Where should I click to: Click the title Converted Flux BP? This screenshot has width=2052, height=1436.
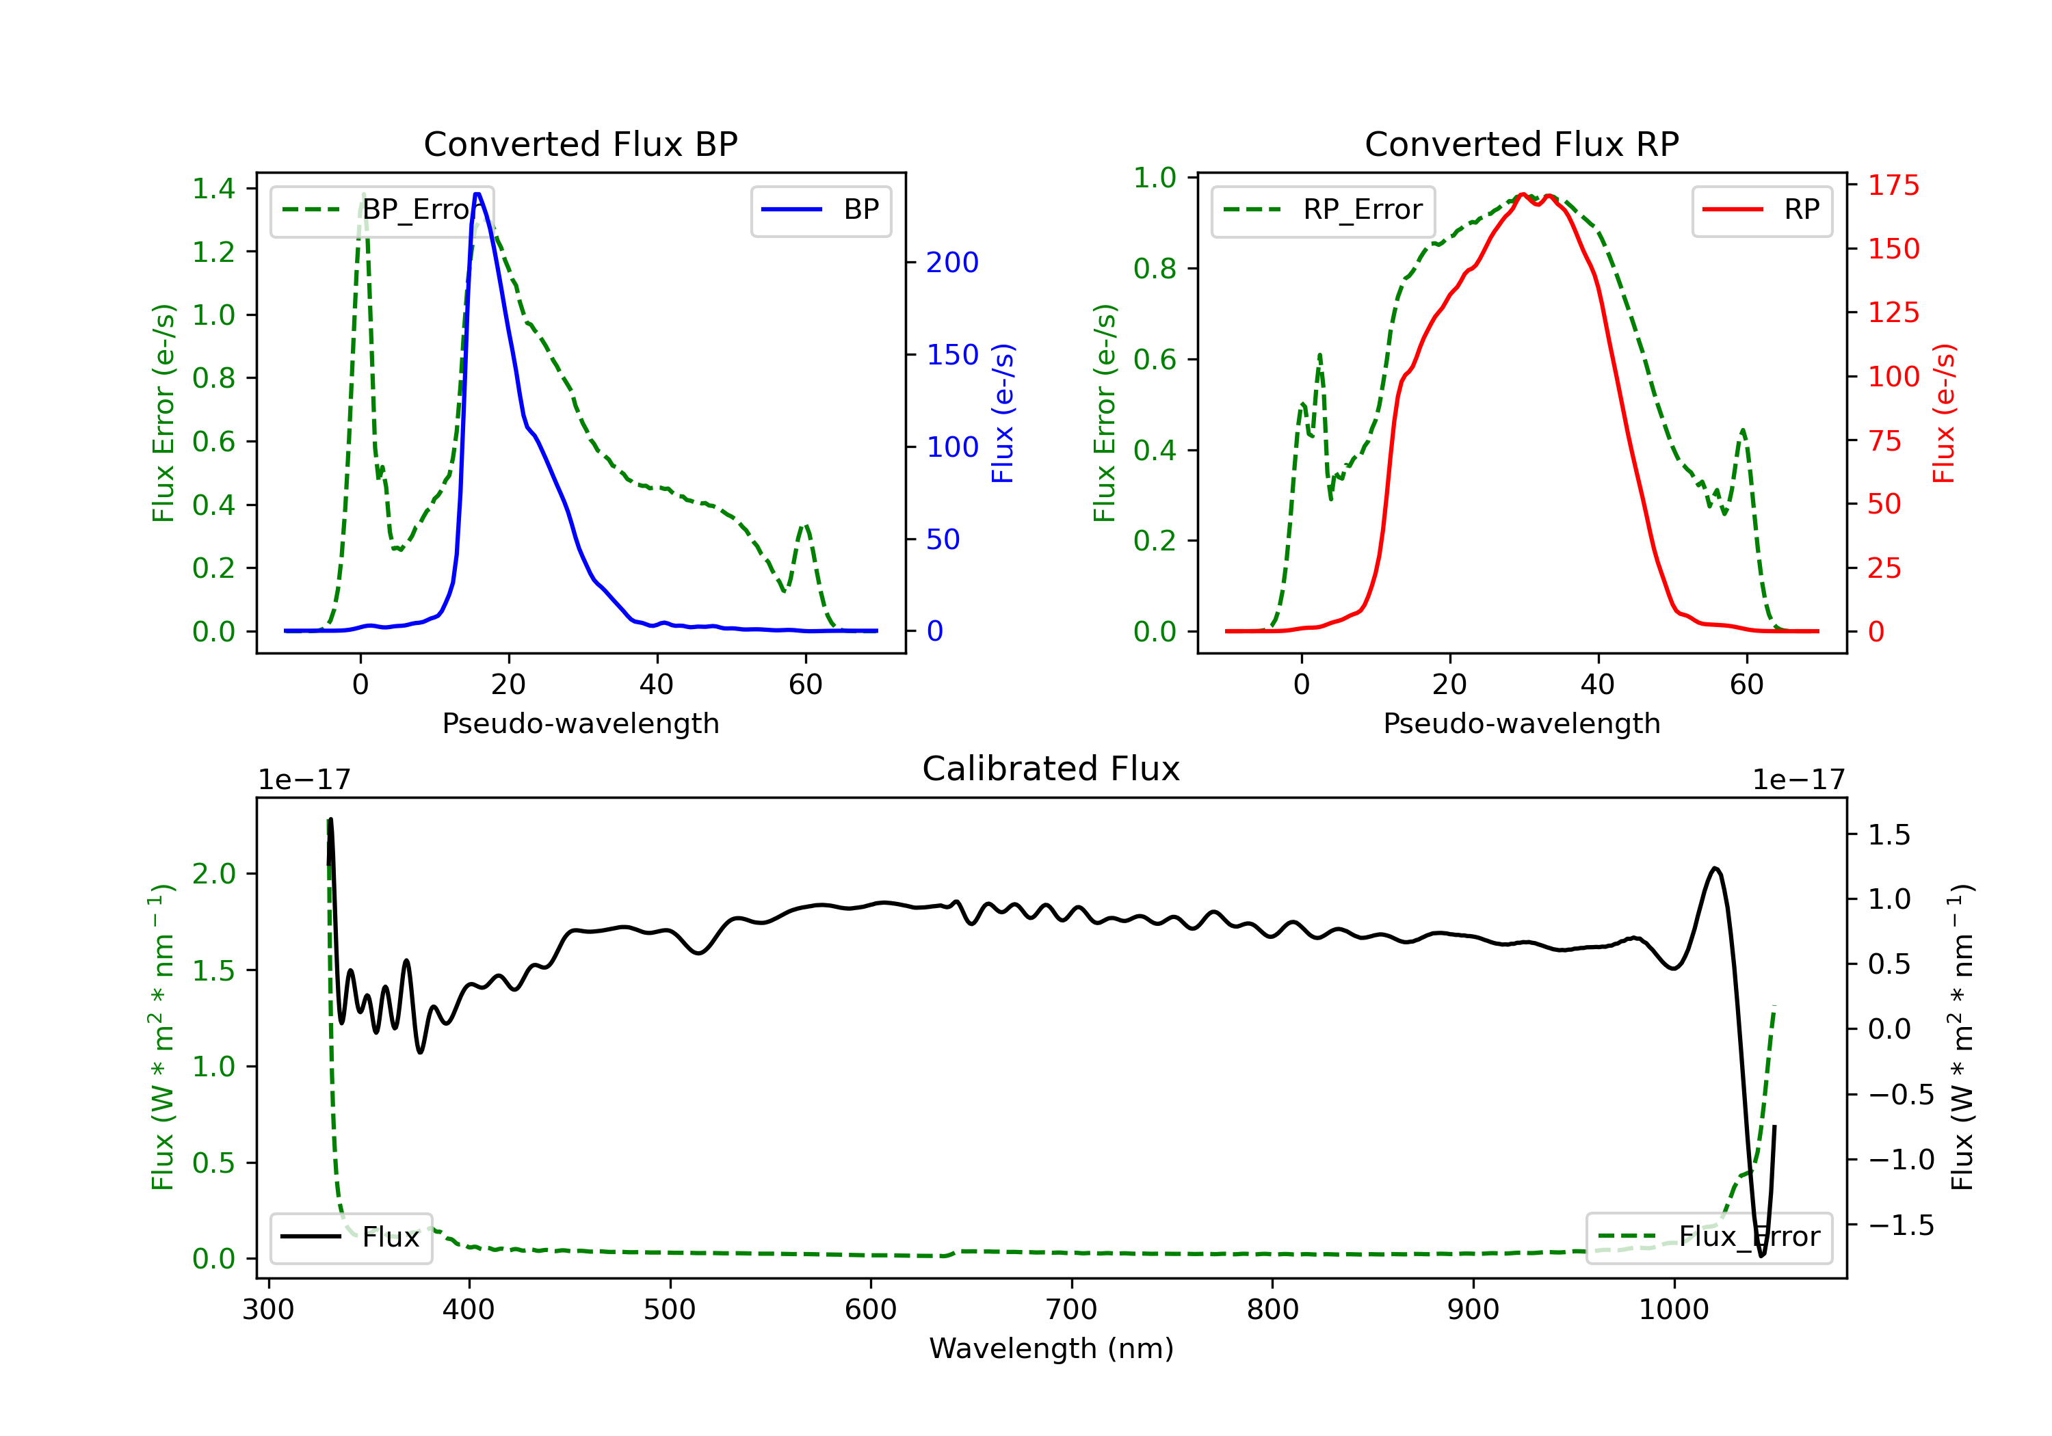(580, 144)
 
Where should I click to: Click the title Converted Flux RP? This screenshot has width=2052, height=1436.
(1521, 144)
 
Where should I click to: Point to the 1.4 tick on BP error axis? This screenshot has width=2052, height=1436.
(213, 189)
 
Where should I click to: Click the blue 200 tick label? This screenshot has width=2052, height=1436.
(952, 263)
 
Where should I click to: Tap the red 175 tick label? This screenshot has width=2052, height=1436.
(1893, 186)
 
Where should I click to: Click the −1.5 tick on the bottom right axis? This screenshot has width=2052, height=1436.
(1900, 1225)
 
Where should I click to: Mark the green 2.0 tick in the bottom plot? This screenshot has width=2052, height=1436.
(213, 874)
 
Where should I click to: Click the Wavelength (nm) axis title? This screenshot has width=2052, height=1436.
(1051, 1348)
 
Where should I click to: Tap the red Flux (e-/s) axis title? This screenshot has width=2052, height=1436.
(1945, 413)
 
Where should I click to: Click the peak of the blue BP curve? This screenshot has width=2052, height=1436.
(477, 194)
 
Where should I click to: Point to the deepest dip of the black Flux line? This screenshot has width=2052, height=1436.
(1761, 1255)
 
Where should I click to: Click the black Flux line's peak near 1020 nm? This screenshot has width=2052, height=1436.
(1714, 868)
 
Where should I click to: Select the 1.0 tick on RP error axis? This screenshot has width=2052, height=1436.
(1155, 178)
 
